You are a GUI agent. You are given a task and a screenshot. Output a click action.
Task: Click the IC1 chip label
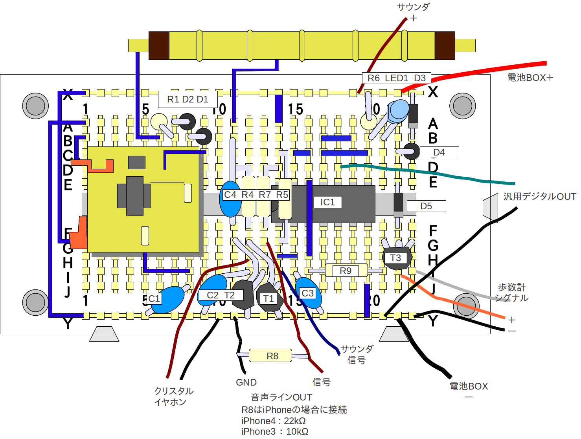(x=327, y=202)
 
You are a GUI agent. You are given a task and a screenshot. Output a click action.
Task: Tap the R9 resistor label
(x=346, y=271)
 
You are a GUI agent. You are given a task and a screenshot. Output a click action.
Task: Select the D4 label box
(x=439, y=152)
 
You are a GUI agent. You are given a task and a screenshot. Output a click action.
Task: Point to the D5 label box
(x=426, y=206)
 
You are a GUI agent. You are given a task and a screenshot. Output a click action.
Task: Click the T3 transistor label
(x=395, y=258)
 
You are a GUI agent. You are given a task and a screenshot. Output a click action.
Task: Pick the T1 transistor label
(x=268, y=299)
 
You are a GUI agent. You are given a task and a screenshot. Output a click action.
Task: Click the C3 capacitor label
(x=307, y=293)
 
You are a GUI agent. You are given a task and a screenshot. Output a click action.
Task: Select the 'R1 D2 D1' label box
(x=188, y=99)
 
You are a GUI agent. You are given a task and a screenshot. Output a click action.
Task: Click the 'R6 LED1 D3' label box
(x=396, y=78)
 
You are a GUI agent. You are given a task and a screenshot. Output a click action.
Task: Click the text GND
(x=246, y=382)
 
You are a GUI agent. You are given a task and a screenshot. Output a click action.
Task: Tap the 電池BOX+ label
(x=530, y=78)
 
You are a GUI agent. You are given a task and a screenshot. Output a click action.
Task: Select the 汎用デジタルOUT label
(x=539, y=196)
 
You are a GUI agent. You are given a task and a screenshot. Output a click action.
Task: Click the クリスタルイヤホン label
(x=173, y=396)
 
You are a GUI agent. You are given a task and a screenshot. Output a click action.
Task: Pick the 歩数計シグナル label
(x=511, y=293)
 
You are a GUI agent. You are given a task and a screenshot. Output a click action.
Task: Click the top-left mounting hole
(x=35, y=106)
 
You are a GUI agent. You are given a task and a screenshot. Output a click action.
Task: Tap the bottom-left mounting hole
(x=35, y=302)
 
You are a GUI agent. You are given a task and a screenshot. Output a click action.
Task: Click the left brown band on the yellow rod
(x=159, y=46)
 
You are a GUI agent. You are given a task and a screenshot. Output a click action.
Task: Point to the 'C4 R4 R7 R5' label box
(x=256, y=195)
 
